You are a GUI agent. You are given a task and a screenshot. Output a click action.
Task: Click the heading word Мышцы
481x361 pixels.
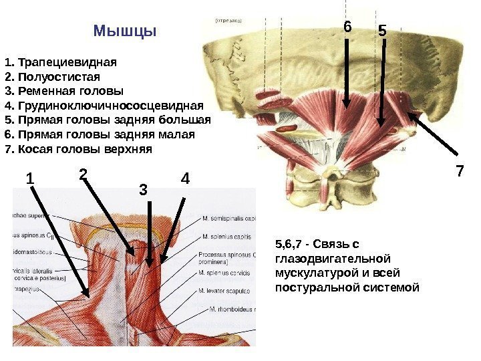pyautogui.click(x=125, y=31)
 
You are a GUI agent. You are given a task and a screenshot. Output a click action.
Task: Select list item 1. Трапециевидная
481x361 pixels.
pyautogui.click(x=60, y=64)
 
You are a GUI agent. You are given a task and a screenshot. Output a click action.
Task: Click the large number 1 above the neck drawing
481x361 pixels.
pyautogui.click(x=29, y=179)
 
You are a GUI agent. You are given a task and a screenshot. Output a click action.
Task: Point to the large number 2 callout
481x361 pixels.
pyautogui.click(x=83, y=174)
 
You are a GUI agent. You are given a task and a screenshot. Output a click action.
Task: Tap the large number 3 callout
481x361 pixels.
pyautogui.click(x=142, y=190)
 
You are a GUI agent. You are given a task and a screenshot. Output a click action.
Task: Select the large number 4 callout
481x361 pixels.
pyautogui.click(x=185, y=179)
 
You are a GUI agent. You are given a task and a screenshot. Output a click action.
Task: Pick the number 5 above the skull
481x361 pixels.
pyautogui.click(x=382, y=31)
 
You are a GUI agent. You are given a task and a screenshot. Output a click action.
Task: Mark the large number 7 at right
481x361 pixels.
pyautogui.click(x=460, y=171)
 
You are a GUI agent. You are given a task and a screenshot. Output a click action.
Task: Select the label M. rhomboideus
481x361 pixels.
pyautogui.click(x=232, y=310)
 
